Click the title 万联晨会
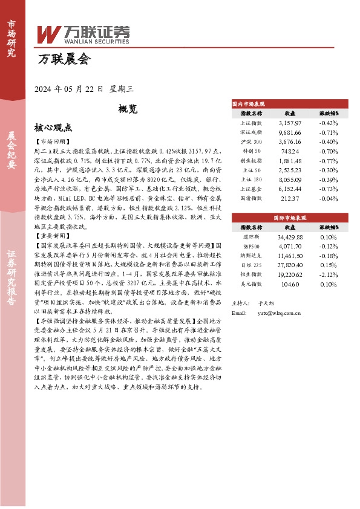click(x=64, y=59)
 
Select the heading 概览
click(x=128, y=109)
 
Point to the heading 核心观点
click(x=53, y=128)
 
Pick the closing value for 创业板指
click(x=290, y=161)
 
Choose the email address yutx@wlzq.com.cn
click(x=279, y=313)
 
